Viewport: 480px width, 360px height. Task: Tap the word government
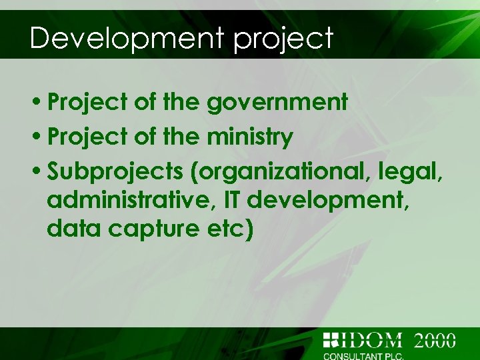point(277,103)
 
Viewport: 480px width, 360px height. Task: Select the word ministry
point(250,138)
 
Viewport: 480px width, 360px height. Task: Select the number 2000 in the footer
point(435,340)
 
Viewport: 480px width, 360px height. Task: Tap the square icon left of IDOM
point(331,340)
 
